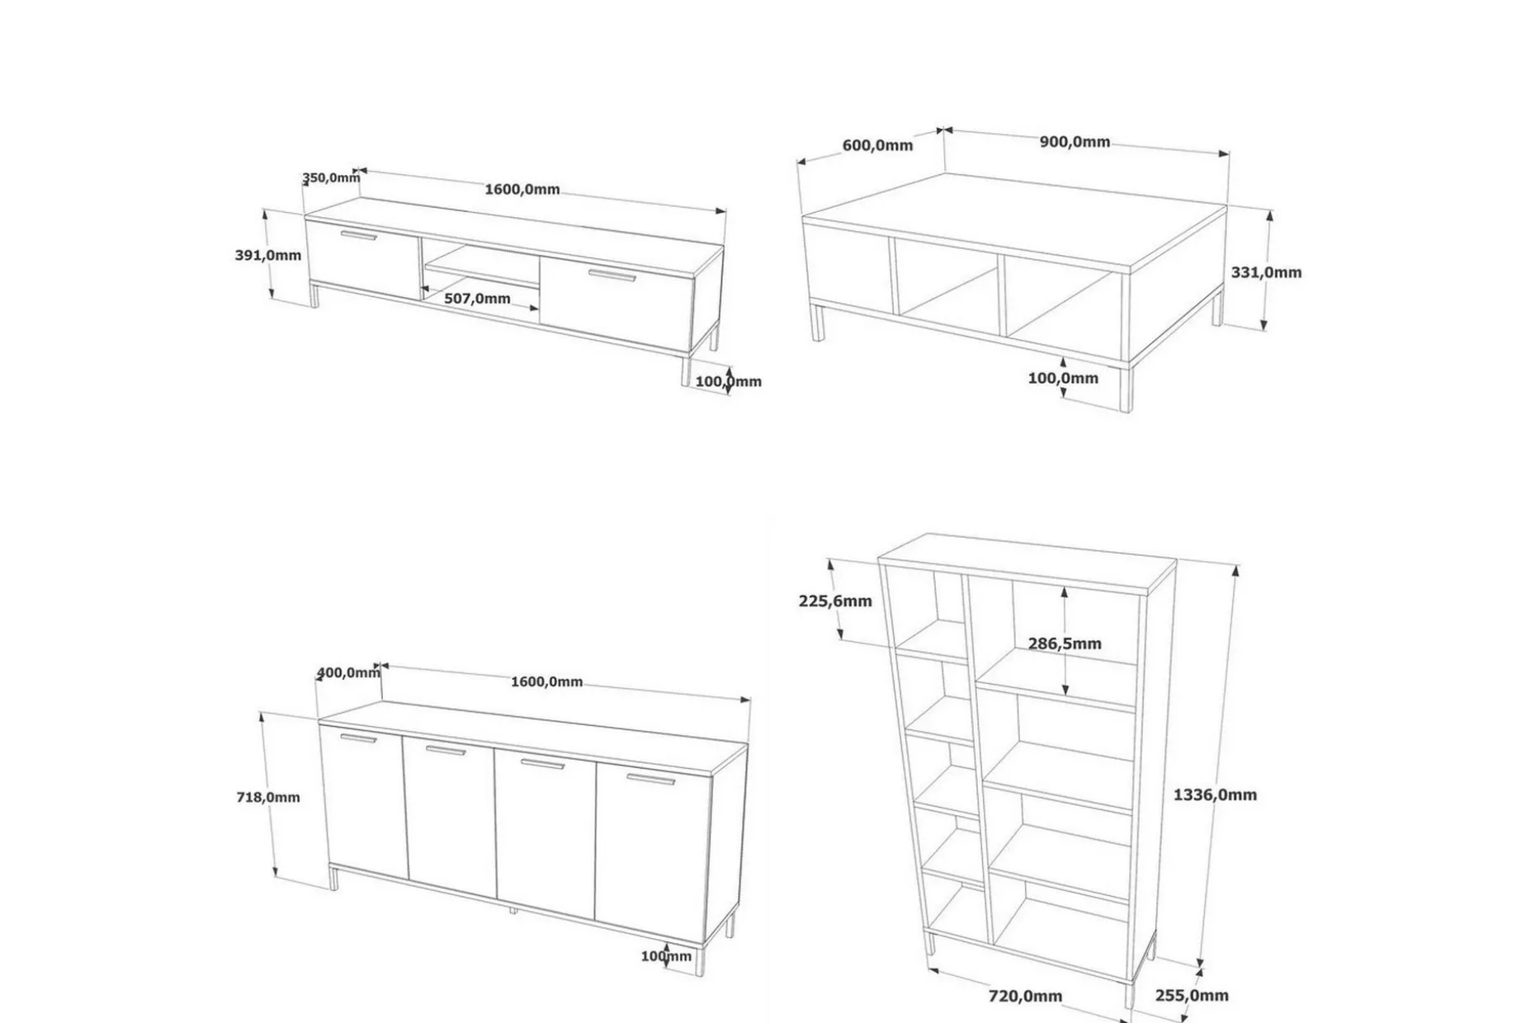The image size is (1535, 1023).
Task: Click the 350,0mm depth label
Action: (x=331, y=177)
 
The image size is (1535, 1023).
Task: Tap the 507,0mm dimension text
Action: (x=477, y=298)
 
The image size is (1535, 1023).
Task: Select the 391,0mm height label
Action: (x=268, y=255)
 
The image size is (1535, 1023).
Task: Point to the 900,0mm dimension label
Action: (x=1074, y=142)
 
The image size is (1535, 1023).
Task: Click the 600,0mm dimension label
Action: (x=877, y=145)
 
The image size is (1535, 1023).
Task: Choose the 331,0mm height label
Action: (x=1266, y=272)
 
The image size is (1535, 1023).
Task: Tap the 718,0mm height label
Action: (x=268, y=797)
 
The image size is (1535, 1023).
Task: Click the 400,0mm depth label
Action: (x=348, y=672)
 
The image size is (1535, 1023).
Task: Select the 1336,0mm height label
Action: (x=1215, y=794)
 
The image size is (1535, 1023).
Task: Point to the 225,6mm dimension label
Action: (x=835, y=601)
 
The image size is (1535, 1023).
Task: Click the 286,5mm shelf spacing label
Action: (x=1065, y=643)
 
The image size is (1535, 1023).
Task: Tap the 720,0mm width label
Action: (x=1025, y=996)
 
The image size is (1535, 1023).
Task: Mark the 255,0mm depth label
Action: (x=1192, y=996)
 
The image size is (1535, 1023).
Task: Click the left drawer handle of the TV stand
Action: (x=359, y=236)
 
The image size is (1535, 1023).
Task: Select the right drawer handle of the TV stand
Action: (x=612, y=276)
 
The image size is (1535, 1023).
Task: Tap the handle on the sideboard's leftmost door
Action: (x=358, y=738)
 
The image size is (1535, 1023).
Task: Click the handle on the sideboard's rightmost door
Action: (x=650, y=779)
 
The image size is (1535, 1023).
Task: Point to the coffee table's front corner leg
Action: (x=1126, y=388)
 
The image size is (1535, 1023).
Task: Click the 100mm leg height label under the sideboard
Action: (x=666, y=956)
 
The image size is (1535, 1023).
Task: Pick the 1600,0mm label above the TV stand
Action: (x=522, y=189)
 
